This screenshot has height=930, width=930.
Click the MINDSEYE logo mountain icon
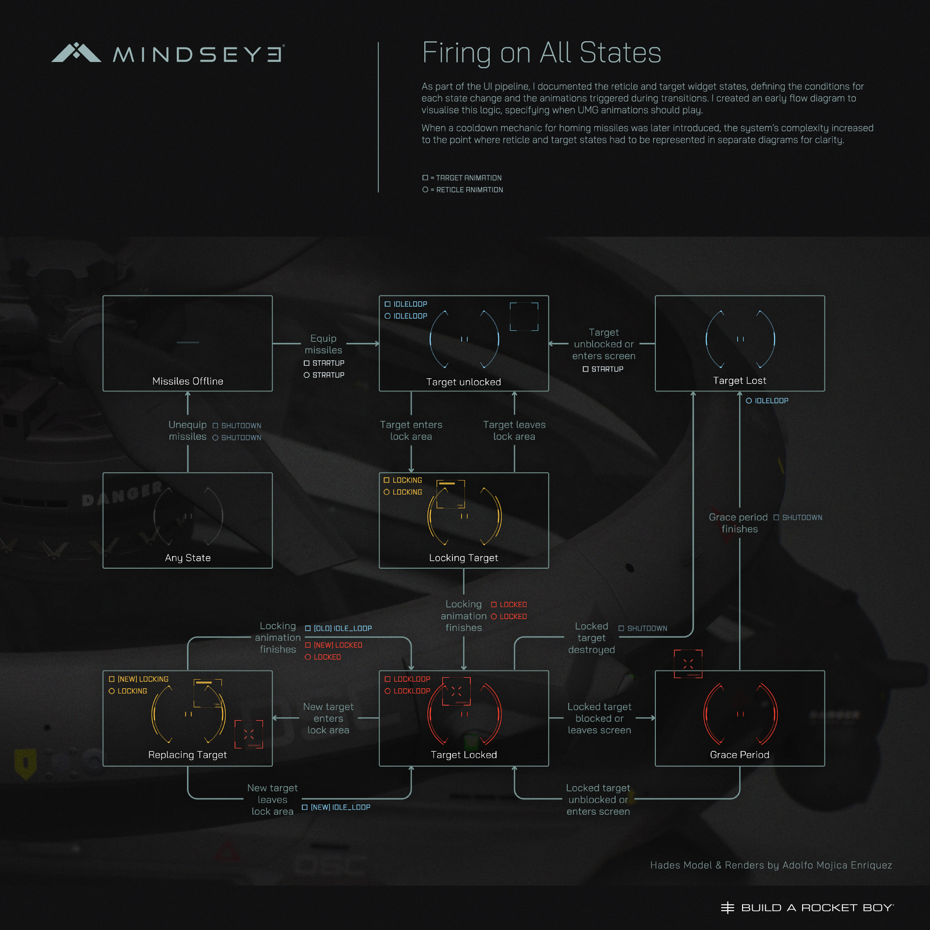76,53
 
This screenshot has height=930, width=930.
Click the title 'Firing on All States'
541,52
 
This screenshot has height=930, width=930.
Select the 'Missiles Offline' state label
187,381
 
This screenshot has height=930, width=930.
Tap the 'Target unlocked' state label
464,382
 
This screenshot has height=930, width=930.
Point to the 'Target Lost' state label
739,381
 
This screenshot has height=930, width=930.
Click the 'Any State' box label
187,558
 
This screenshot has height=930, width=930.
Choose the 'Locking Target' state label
464,558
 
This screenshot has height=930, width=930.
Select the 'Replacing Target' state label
187,755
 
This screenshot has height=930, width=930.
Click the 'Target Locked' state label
464,755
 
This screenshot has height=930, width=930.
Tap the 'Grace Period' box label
739,755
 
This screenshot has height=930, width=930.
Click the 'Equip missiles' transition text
323,344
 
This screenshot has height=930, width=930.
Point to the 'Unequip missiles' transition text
187,431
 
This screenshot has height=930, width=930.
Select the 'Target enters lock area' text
411,431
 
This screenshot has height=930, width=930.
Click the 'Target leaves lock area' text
514,431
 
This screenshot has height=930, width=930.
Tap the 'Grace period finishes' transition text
738,523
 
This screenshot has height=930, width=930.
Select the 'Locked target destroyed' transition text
591,638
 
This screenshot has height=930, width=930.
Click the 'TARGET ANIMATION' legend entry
463,178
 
